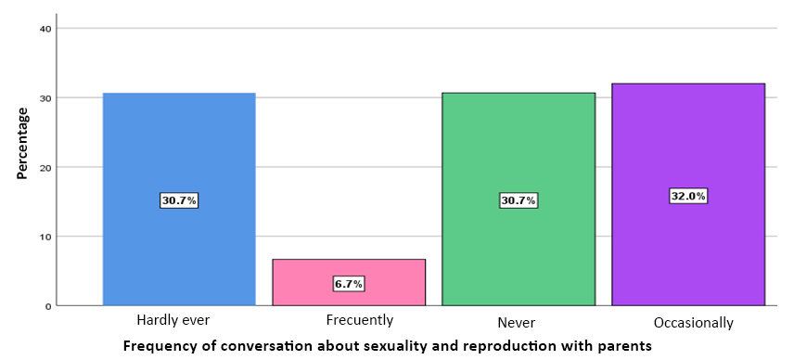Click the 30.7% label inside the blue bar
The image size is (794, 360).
pos(179,200)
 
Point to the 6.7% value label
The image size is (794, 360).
pos(349,284)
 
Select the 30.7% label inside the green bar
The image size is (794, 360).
pos(519,200)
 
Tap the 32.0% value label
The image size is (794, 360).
pos(688,196)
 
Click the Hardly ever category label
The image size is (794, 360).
pos(173,320)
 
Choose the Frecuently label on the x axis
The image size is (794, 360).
pos(360,320)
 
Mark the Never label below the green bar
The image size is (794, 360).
pos(518,322)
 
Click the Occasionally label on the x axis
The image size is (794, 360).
pos(693,322)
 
